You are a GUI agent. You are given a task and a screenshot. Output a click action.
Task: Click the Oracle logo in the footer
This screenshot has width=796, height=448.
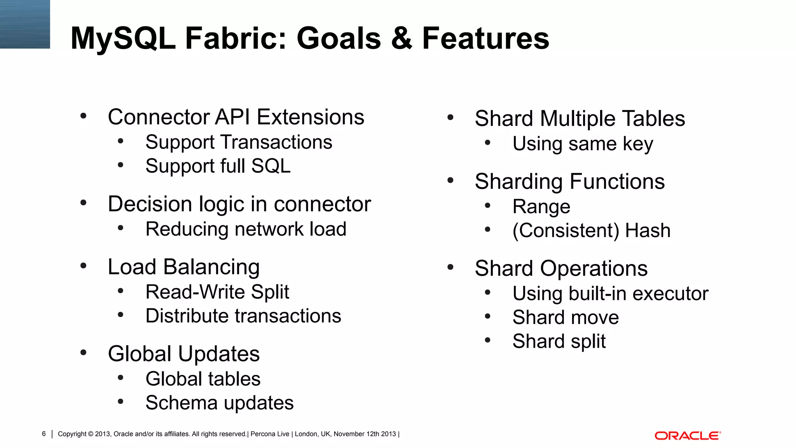(x=687, y=436)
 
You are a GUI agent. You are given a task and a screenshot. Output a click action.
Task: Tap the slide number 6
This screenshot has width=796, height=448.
(x=44, y=434)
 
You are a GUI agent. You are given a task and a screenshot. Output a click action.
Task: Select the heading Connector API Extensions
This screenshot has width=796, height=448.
(x=236, y=117)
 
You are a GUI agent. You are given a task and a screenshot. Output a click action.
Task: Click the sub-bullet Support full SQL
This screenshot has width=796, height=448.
(x=218, y=166)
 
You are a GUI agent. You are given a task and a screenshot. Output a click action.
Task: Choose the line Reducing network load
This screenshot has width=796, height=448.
(x=246, y=229)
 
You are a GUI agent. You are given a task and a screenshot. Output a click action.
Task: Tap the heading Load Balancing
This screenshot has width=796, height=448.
(x=183, y=267)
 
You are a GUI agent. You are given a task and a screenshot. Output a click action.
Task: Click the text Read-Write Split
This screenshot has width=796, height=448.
(x=217, y=292)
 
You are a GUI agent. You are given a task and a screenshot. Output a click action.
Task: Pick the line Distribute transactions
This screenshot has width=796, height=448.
(x=243, y=316)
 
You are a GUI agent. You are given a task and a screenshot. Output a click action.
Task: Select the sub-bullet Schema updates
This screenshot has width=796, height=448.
(x=219, y=403)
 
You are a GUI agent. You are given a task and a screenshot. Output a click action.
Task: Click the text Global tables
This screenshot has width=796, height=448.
(x=203, y=379)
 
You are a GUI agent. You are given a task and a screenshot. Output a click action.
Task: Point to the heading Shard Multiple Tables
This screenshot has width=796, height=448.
(x=580, y=119)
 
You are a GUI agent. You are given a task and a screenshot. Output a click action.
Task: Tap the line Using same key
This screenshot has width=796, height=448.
(x=583, y=144)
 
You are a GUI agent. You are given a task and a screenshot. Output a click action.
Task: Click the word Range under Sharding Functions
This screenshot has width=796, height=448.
(x=541, y=207)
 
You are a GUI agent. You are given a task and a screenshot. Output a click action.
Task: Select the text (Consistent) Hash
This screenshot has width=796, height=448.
(x=591, y=231)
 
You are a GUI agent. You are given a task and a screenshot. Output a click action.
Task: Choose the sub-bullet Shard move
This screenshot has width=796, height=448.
(x=566, y=317)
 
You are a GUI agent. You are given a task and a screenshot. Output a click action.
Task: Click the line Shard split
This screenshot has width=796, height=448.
(x=559, y=341)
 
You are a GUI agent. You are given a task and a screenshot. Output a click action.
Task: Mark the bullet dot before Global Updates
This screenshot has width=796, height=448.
(x=83, y=353)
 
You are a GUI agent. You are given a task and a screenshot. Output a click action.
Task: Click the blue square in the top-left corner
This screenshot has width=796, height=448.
(x=25, y=24)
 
